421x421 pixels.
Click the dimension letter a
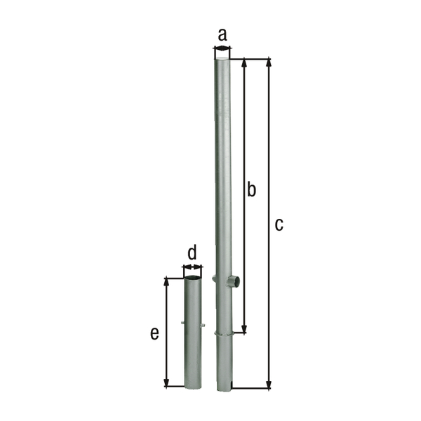222,34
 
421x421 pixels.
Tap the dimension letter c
279,225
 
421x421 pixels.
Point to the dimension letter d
192,252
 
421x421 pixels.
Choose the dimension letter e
154,333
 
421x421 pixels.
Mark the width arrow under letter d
192,267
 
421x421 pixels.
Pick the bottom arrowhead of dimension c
269,384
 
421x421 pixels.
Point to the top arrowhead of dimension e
167,281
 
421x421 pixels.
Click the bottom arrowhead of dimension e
167,382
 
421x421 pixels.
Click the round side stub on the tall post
234,282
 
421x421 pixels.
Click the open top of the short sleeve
192,279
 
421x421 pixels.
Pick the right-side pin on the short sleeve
203,326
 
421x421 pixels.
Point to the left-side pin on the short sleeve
182,323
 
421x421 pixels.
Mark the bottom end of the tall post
222,387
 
